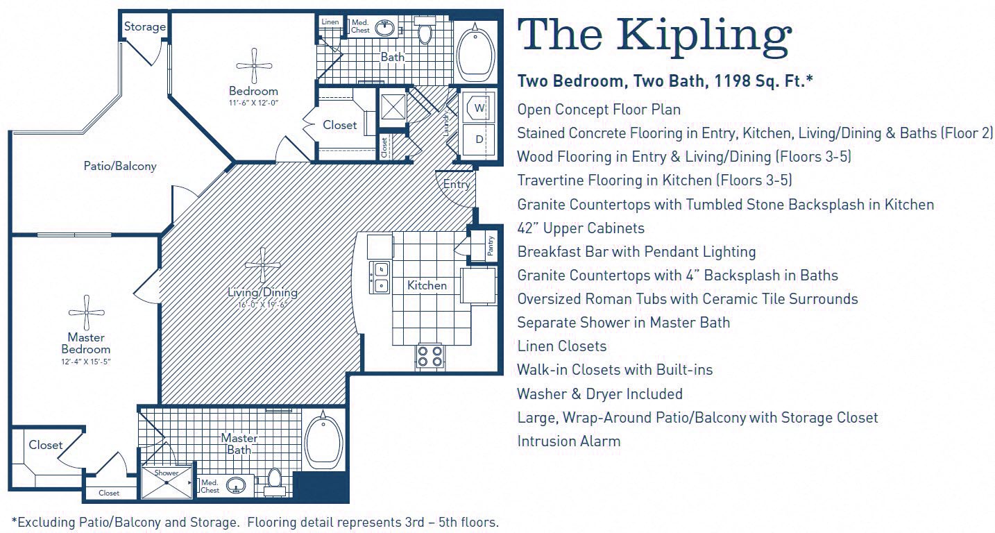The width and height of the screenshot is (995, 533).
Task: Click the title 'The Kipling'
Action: point(654,35)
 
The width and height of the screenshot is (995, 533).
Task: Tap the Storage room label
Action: point(144,27)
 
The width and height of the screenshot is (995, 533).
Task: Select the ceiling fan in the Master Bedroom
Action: point(87,312)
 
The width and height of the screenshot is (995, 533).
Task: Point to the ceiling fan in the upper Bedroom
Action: point(254,66)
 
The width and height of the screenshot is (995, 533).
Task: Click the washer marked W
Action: point(479,108)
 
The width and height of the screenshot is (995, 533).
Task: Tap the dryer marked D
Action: point(479,139)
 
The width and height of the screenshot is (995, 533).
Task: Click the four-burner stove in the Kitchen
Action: point(430,356)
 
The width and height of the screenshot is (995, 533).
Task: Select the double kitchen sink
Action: point(380,278)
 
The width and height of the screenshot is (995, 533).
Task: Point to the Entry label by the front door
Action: point(457,185)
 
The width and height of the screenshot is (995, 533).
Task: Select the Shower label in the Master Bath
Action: point(167,473)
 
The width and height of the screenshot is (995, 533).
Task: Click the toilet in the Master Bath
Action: point(275,480)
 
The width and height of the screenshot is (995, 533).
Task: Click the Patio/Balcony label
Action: point(120,166)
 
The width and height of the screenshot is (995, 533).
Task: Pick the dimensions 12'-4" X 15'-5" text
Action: point(87,362)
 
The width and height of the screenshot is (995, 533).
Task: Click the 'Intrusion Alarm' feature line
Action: point(568,441)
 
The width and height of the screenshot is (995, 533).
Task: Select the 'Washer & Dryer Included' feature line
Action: point(599,394)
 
